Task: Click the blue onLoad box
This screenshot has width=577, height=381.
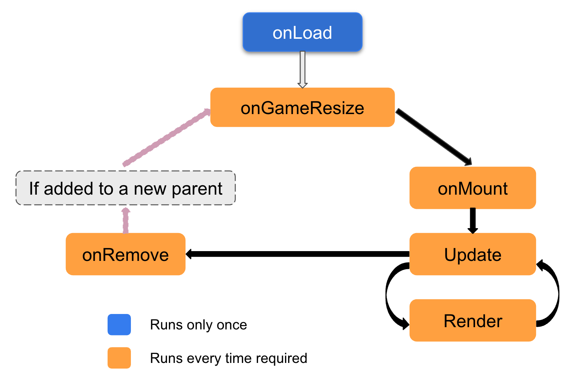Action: pyautogui.click(x=302, y=32)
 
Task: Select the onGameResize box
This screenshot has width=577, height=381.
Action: pyautogui.click(x=302, y=108)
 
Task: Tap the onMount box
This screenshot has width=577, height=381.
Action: pyautogui.click(x=472, y=188)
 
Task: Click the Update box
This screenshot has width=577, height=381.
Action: pyautogui.click(x=472, y=255)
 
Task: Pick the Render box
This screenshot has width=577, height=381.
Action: pyautogui.click(x=472, y=321)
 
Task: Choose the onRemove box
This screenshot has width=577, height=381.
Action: pyautogui.click(x=125, y=255)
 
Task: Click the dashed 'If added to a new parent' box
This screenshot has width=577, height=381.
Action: pyautogui.click(x=125, y=188)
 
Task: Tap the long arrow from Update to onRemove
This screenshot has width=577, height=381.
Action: pyautogui.click(x=297, y=254)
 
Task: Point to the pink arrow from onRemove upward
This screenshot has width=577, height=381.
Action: pyautogui.click(x=126, y=221)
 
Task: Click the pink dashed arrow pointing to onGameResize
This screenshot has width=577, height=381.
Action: pyautogui.click(x=166, y=138)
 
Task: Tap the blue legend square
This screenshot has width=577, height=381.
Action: pyautogui.click(x=119, y=325)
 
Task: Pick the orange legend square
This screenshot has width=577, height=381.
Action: pyautogui.click(x=119, y=358)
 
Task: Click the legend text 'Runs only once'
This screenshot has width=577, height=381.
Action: pyautogui.click(x=198, y=325)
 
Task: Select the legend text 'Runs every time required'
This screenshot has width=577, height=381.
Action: pyautogui.click(x=228, y=358)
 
